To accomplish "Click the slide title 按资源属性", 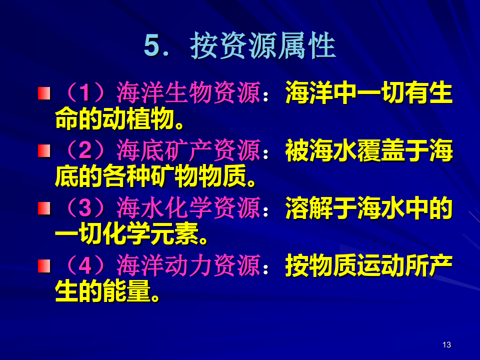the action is click(x=263, y=45).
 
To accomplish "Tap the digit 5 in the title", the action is click(x=152, y=46).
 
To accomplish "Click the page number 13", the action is click(x=446, y=344).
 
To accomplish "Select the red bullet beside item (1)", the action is click(x=44, y=93).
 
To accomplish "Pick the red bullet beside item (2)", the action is click(x=44, y=150).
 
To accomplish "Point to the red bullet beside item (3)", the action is click(x=44, y=208).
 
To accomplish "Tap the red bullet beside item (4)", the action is click(x=44, y=265).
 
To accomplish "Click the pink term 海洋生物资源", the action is click(x=188, y=93).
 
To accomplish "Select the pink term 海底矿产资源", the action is click(x=188, y=150).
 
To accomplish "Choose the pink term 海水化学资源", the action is click(x=188, y=208).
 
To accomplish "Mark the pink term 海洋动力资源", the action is click(x=188, y=265).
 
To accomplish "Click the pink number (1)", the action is click(x=85, y=93).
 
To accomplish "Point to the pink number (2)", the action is click(x=85, y=150).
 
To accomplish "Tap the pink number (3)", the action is click(x=85, y=208).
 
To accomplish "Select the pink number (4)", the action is click(x=85, y=265).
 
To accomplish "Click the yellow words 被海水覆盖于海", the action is click(x=369, y=150).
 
